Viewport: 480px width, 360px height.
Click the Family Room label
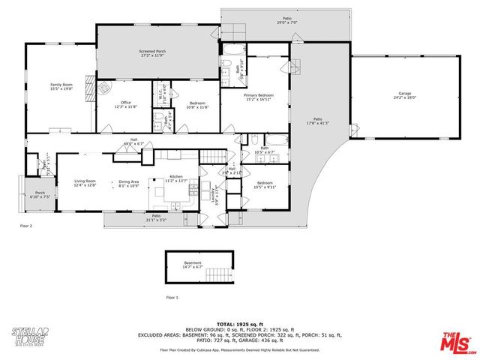pos(61,87)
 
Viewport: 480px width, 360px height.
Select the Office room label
pos(125,105)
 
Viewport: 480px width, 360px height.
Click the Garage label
pos(404,95)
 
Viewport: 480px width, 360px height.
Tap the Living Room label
pos(85,183)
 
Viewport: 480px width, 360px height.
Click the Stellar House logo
pos(30,334)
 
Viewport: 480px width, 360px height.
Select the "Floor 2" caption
pos(26,224)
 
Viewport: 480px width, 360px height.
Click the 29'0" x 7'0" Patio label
pos(286,21)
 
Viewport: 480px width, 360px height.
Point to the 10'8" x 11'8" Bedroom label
pos(199,105)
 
